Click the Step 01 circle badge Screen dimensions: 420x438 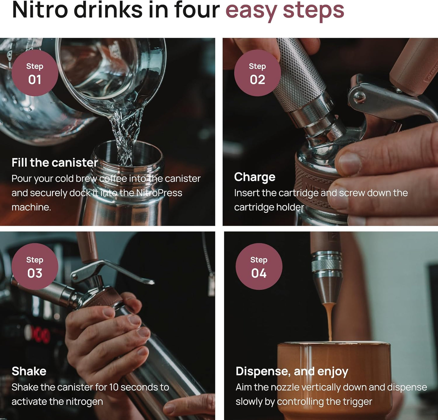[35, 73]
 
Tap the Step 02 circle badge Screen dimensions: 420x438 [257, 73]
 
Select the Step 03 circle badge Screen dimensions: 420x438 [35, 267]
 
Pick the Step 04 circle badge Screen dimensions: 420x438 [259, 267]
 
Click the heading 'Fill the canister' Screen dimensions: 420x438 [55, 163]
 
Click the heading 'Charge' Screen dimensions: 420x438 [255, 177]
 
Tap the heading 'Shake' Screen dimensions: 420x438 [29, 371]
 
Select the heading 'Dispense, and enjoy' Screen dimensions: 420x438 [292, 371]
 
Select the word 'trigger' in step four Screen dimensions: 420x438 [357, 402]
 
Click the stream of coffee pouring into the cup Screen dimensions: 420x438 [329, 322]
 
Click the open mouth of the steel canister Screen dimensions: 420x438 [127, 153]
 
